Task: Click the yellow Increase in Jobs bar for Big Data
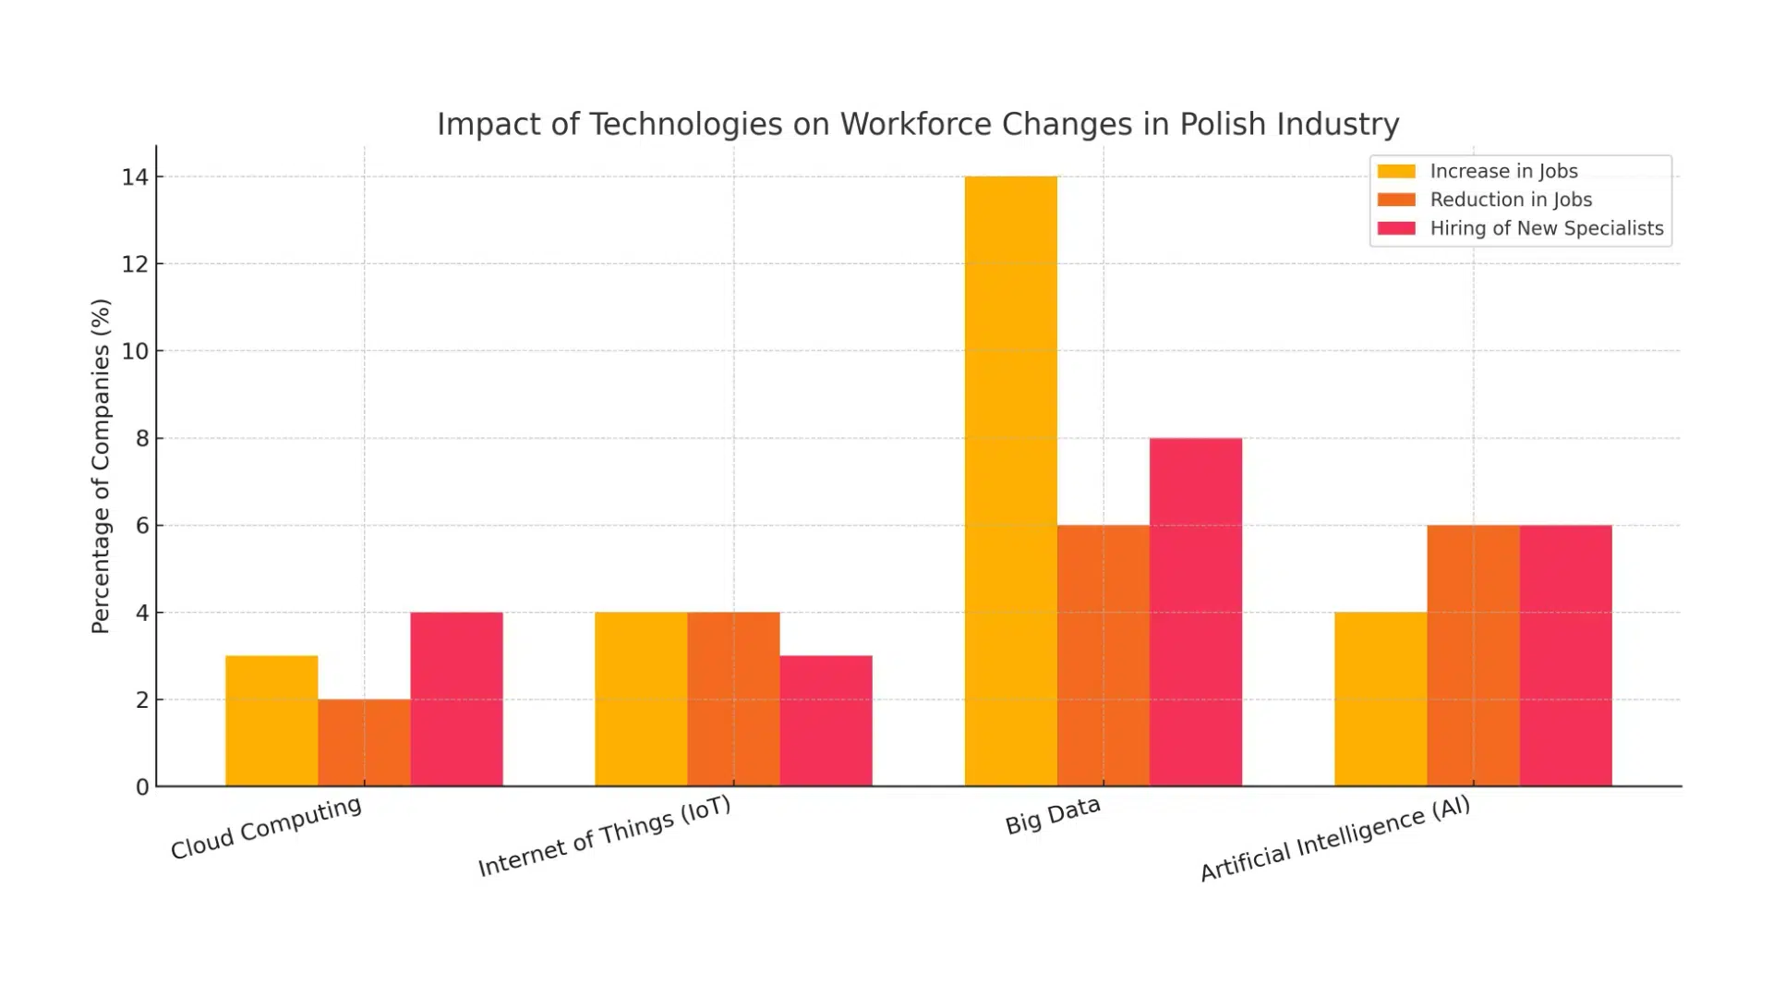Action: (x=1010, y=481)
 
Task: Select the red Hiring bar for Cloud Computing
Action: (x=456, y=699)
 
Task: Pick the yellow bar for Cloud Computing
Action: (x=271, y=721)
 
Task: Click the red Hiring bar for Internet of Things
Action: (x=826, y=721)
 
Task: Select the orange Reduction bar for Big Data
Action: (x=1103, y=655)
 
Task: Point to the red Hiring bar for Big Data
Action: (x=1195, y=612)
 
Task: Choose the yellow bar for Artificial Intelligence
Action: (x=1380, y=699)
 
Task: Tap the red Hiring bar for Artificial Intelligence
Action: (x=1565, y=655)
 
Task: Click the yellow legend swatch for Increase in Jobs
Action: (x=1395, y=171)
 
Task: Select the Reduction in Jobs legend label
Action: (x=1511, y=200)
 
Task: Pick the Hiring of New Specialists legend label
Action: (x=1546, y=228)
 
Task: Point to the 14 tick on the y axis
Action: (x=135, y=176)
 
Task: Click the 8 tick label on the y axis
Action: (x=141, y=438)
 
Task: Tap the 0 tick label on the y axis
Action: (x=141, y=787)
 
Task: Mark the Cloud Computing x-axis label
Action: (x=266, y=828)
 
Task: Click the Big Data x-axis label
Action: (x=1053, y=815)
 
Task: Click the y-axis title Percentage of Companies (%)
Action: (x=101, y=466)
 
